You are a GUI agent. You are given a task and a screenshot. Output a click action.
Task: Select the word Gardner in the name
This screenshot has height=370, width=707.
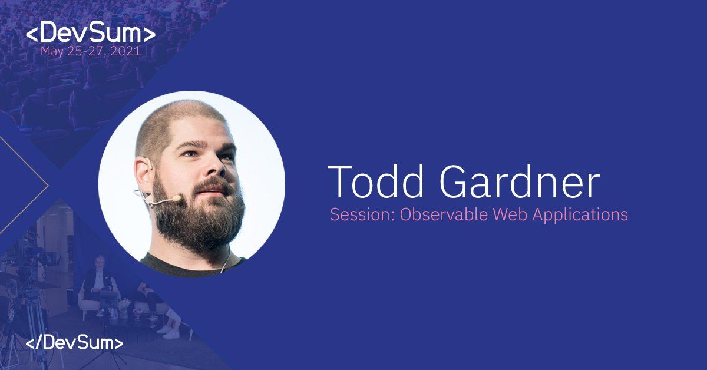(x=520, y=181)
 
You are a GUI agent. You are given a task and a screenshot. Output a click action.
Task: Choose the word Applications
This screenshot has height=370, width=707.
(x=580, y=215)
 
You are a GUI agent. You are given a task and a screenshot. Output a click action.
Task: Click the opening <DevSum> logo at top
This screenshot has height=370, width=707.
(x=91, y=32)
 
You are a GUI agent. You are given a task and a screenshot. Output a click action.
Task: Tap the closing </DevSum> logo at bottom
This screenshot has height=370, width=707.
(x=74, y=343)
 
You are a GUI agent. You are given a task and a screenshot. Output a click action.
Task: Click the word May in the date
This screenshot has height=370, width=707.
(x=52, y=52)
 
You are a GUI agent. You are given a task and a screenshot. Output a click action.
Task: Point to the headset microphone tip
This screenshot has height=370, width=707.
(x=176, y=199)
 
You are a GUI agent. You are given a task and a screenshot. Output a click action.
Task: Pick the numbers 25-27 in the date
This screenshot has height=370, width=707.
(x=87, y=51)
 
